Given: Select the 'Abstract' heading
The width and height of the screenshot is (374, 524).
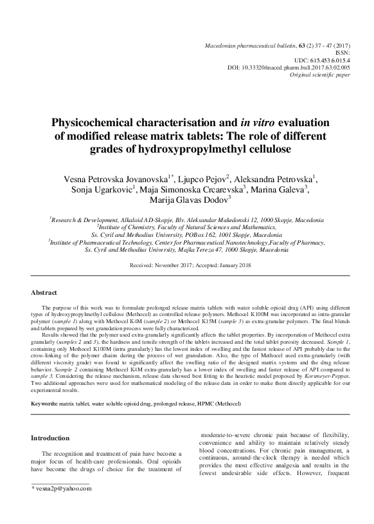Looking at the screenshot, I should click(x=44, y=293).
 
